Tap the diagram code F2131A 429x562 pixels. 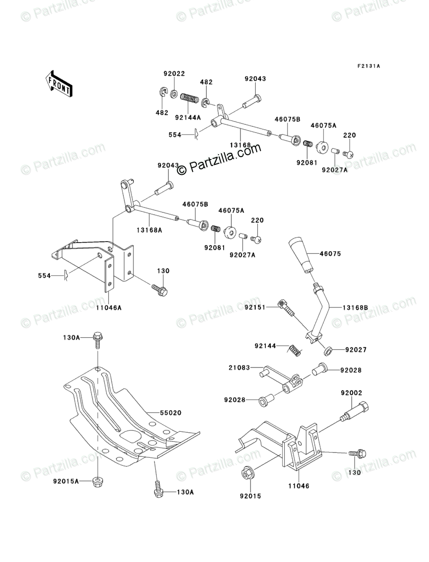(368, 66)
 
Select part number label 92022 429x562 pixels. (174, 74)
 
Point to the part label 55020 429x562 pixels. (157, 413)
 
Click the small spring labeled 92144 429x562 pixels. (296, 351)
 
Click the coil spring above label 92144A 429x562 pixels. (189, 99)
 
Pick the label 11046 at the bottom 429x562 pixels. (300, 486)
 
